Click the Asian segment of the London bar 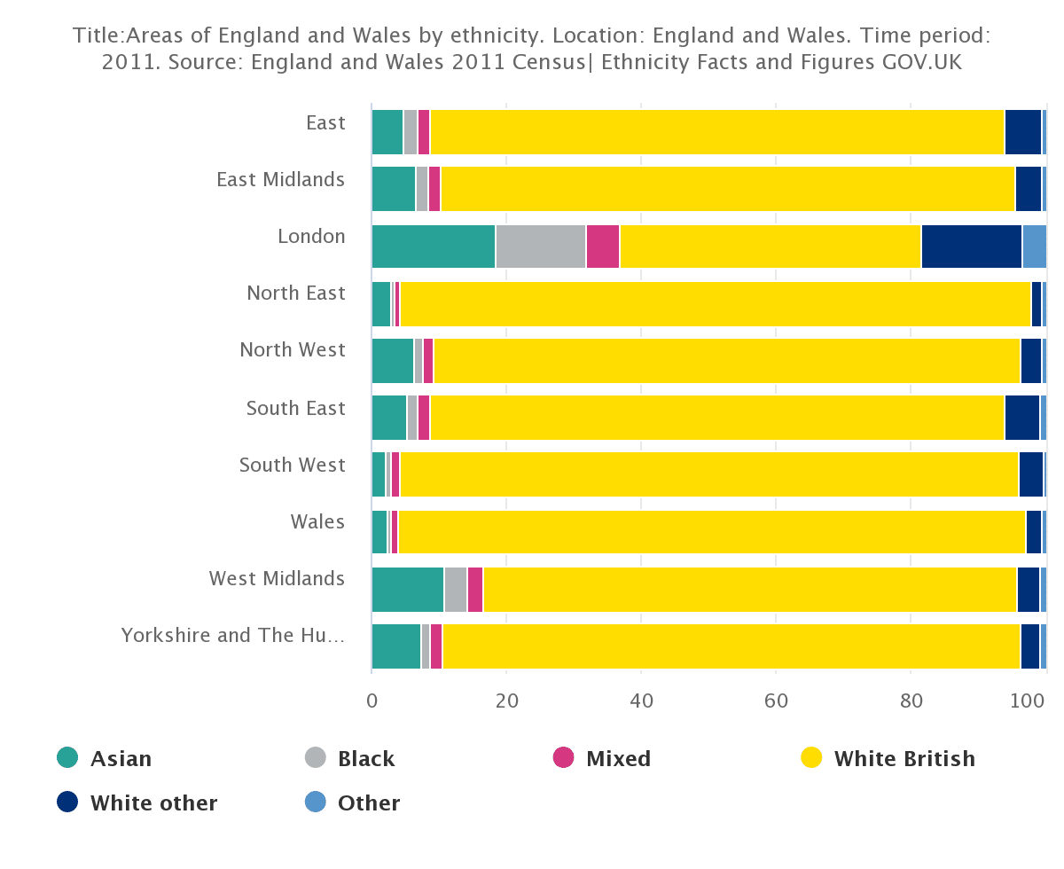pos(433,247)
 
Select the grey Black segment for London pos(540,247)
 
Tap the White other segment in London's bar pos(971,247)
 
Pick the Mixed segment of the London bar pos(602,247)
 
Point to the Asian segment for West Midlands pos(407,590)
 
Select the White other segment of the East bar pos(1022,132)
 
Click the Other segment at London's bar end pos(1034,247)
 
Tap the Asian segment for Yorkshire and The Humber pos(395,646)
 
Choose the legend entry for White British pos(904,759)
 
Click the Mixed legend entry pos(618,759)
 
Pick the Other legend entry pos(368,803)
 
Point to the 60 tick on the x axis pos(776,700)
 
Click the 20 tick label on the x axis pos(506,700)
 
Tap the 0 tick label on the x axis pos(372,700)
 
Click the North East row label pos(295,293)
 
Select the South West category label pos(292,465)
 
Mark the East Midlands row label pos(280,179)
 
